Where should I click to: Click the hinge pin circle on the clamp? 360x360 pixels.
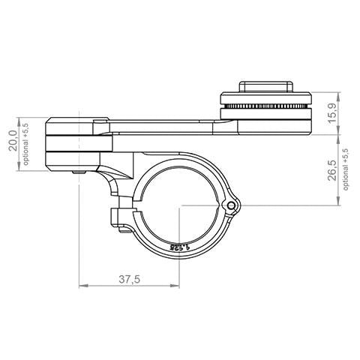233,205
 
